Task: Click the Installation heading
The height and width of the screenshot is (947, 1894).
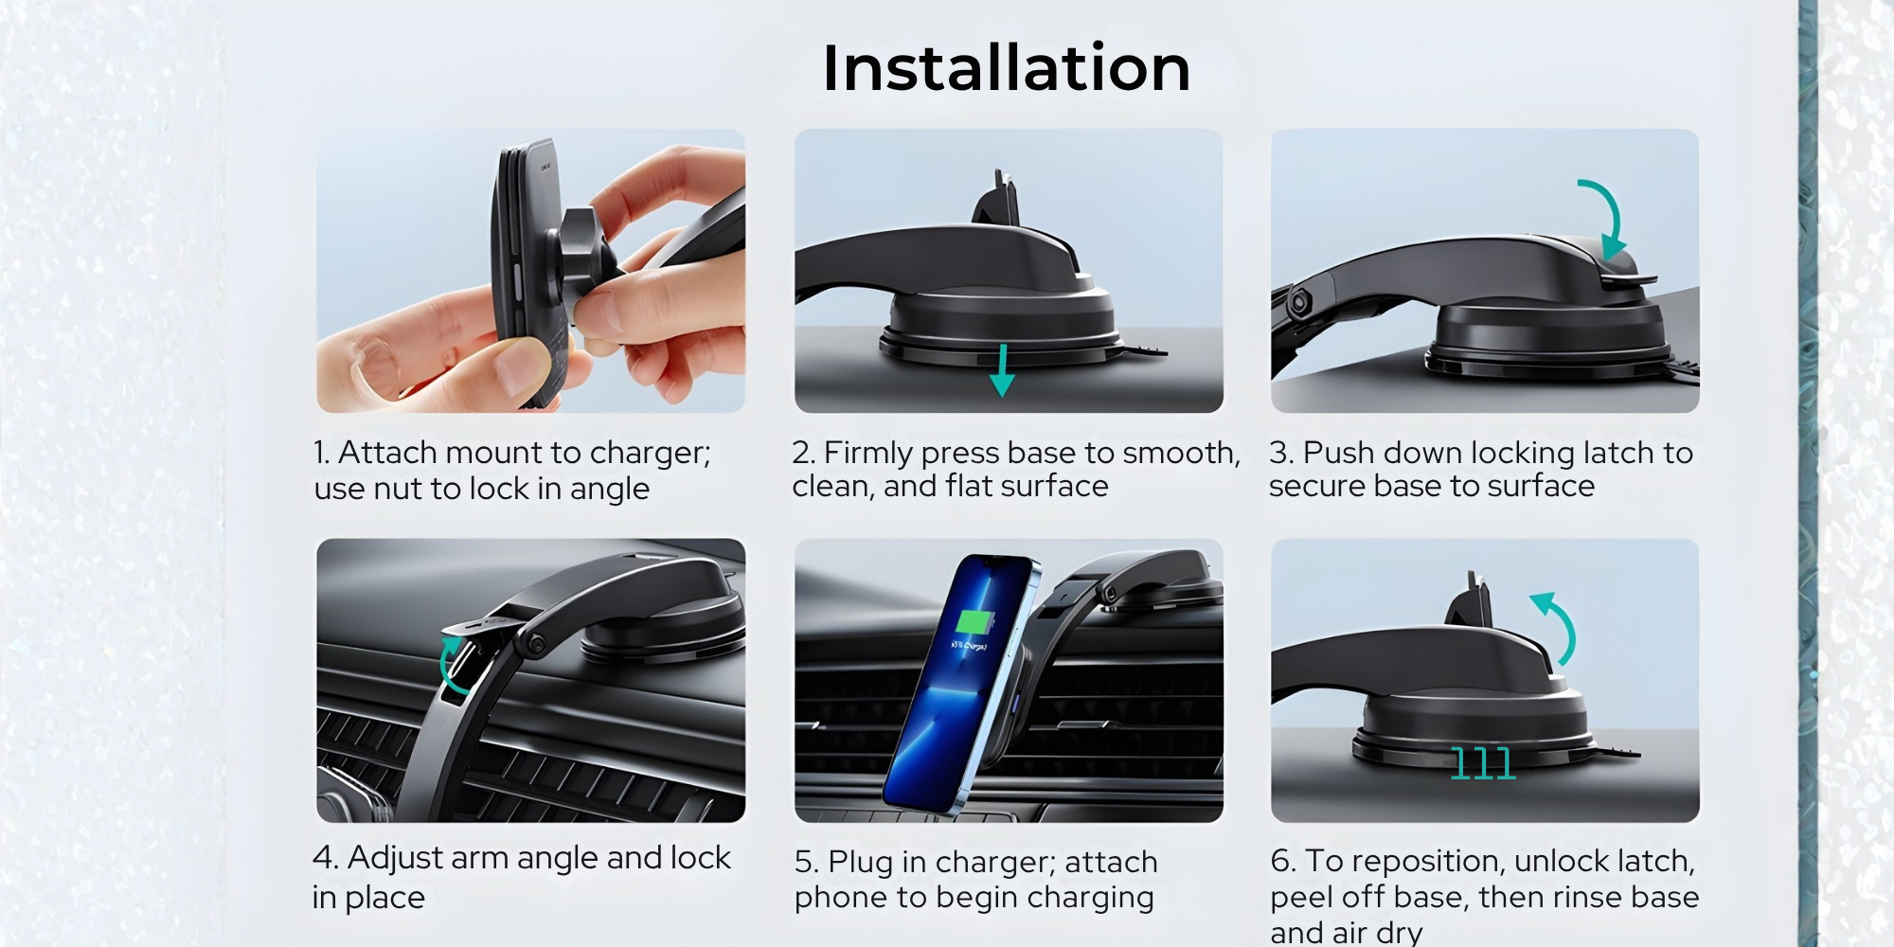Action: (1006, 68)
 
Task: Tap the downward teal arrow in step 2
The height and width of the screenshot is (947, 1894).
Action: (1002, 370)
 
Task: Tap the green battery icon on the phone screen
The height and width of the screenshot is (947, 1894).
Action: (974, 623)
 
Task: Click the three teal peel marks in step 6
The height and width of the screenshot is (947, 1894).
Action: (1483, 763)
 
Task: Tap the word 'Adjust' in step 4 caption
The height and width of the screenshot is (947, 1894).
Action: (396, 859)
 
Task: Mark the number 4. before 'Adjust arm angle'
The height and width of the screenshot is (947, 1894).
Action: (326, 857)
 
